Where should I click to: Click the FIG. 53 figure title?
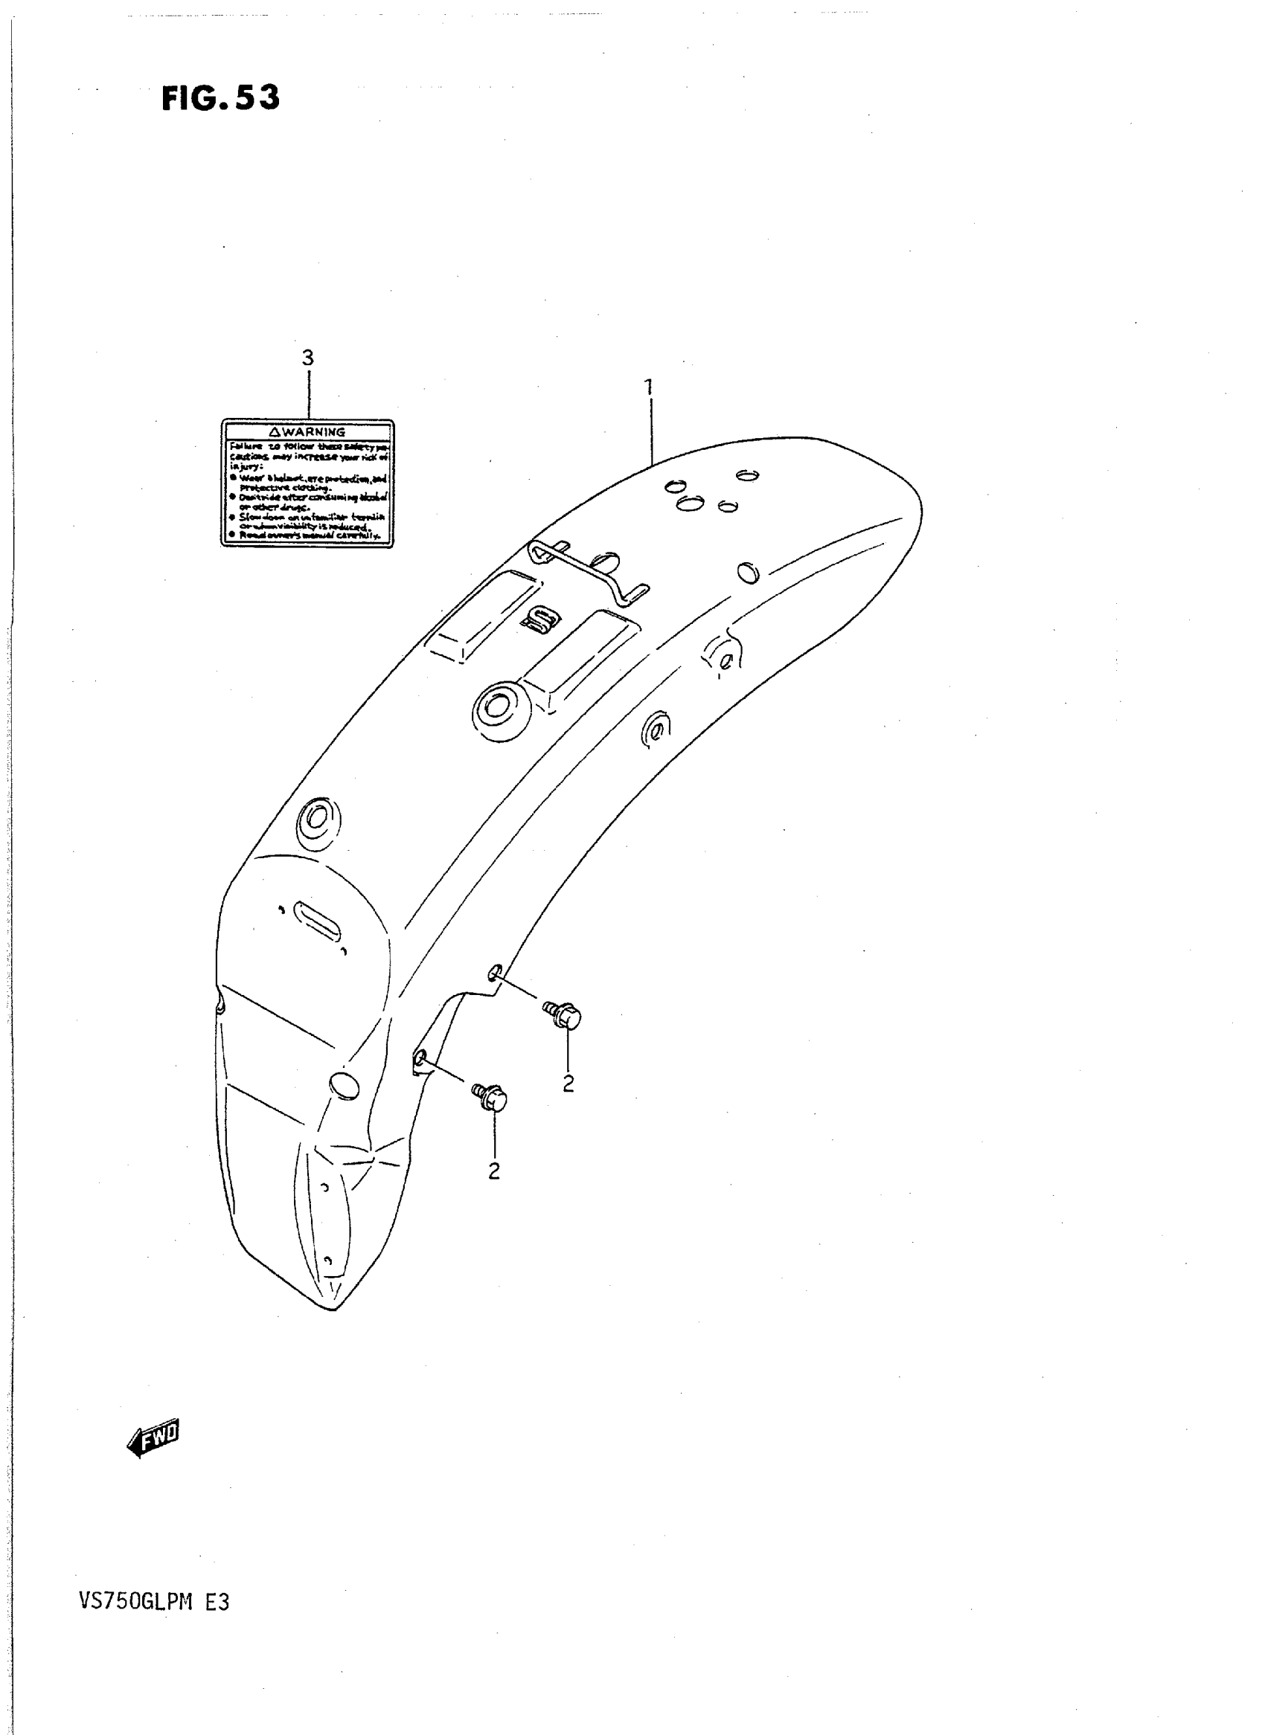[x=220, y=99]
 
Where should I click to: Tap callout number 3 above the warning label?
[x=308, y=358]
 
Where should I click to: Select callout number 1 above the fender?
[x=649, y=387]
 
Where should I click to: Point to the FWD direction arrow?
[x=153, y=1438]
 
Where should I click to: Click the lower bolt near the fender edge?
[x=490, y=1098]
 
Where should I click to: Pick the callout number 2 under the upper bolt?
[x=569, y=1083]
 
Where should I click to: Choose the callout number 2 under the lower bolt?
[x=494, y=1171]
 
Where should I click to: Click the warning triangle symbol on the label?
[x=275, y=431]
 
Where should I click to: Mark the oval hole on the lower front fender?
[x=343, y=1084]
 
